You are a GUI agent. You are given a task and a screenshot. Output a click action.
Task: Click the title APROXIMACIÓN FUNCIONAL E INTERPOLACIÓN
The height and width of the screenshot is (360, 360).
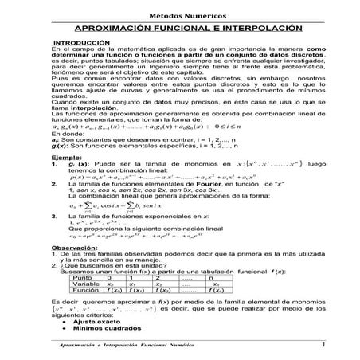pos(180,26)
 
